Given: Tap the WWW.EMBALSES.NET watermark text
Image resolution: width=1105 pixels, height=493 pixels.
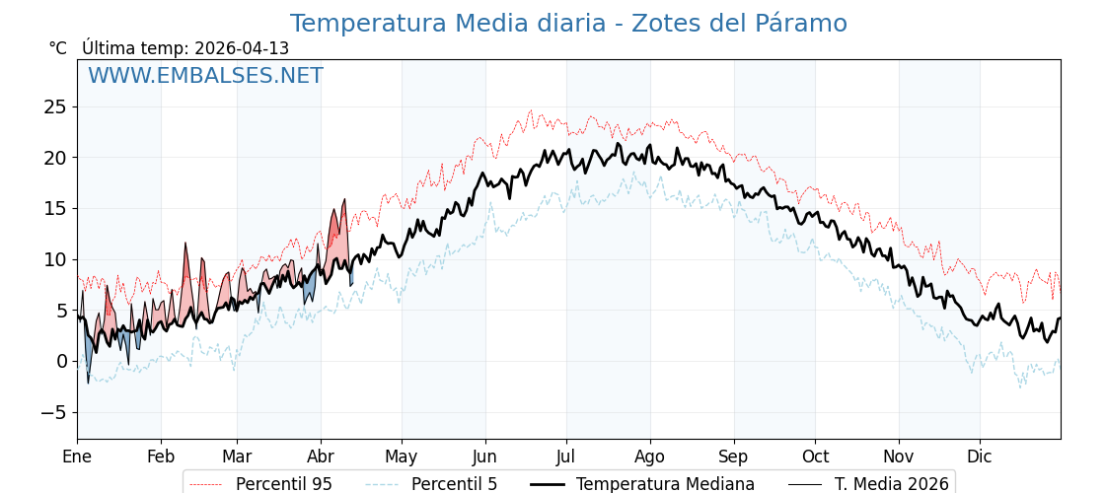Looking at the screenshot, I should pos(205,76).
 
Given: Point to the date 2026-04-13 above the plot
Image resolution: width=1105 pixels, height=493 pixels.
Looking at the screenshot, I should pos(242,48).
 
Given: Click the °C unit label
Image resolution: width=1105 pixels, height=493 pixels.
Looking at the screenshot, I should pos(57,48).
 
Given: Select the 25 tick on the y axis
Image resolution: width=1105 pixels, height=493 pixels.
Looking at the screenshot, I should pos(55,106).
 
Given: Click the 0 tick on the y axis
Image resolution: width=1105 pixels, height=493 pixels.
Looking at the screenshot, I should pos(62,361).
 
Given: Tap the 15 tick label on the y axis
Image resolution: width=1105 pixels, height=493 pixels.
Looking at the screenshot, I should pos(55,208).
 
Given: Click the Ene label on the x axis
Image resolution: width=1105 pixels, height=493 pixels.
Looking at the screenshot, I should pos(77,457).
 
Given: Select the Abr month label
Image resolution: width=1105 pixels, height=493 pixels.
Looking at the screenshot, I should pos(321,457).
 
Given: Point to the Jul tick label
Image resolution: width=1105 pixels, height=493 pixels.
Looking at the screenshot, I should pos(566,457).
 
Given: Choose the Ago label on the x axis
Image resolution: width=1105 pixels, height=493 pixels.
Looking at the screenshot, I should pos(650,457).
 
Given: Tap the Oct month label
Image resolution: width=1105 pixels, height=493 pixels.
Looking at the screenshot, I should pos(815,457).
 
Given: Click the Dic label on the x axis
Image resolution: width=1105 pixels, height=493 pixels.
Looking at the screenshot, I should pos(980,457).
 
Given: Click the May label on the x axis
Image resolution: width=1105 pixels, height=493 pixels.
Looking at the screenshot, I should pos(402,457).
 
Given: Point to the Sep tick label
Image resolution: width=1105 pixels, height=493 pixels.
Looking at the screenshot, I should pos(734,457).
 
